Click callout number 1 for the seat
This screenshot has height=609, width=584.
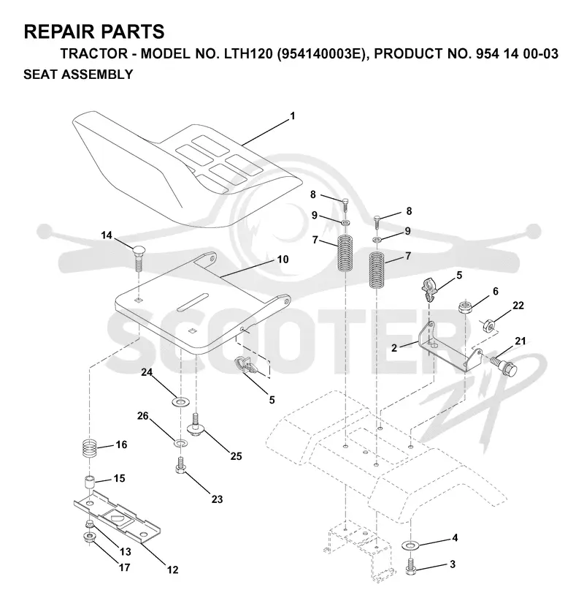(x=293, y=116)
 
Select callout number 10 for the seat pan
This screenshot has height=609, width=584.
(x=283, y=259)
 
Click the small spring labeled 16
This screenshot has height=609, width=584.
(x=91, y=450)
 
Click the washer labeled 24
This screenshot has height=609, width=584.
(x=180, y=401)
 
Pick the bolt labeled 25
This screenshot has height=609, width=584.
(x=196, y=425)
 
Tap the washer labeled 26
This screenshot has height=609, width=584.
(x=180, y=442)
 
